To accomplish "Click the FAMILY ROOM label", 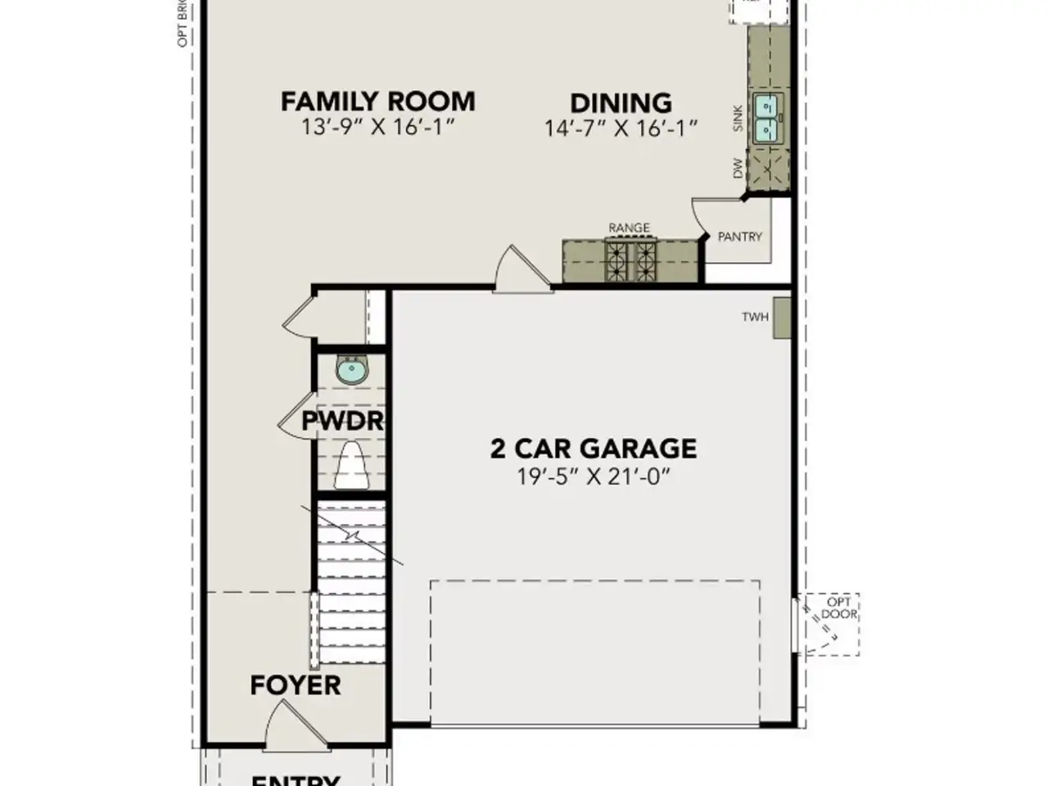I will point(377,102).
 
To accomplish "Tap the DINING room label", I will point(621,103).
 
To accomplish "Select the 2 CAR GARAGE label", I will point(593,448).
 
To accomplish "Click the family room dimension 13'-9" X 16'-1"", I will point(377,127).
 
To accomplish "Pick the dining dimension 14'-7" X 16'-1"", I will point(621,129).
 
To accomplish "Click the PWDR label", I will point(342,422).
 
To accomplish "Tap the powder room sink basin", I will point(352,371).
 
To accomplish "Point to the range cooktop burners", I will point(630,260).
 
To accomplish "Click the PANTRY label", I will point(739,237).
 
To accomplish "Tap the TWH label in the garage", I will point(755,317).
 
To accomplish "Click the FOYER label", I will point(295,684).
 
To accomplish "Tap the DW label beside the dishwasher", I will point(738,169).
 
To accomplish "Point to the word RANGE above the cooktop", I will point(629,228).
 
